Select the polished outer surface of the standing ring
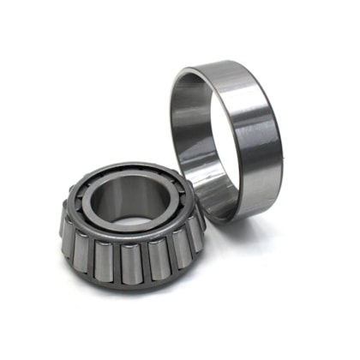pos(257,137)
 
